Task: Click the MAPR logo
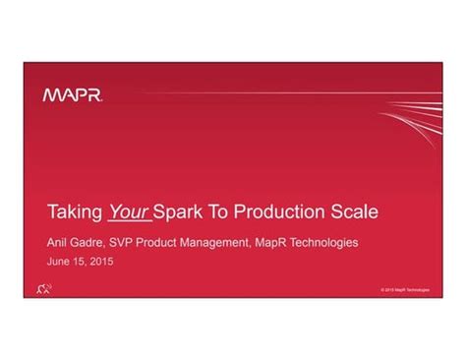coord(75,95)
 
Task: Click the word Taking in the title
coord(75,211)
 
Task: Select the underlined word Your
coord(128,211)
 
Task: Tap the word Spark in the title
coord(179,211)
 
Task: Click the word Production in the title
coord(278,211)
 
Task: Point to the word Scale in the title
coord(353,211)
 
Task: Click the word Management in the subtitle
coord(232,243)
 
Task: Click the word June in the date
coord(60,263)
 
